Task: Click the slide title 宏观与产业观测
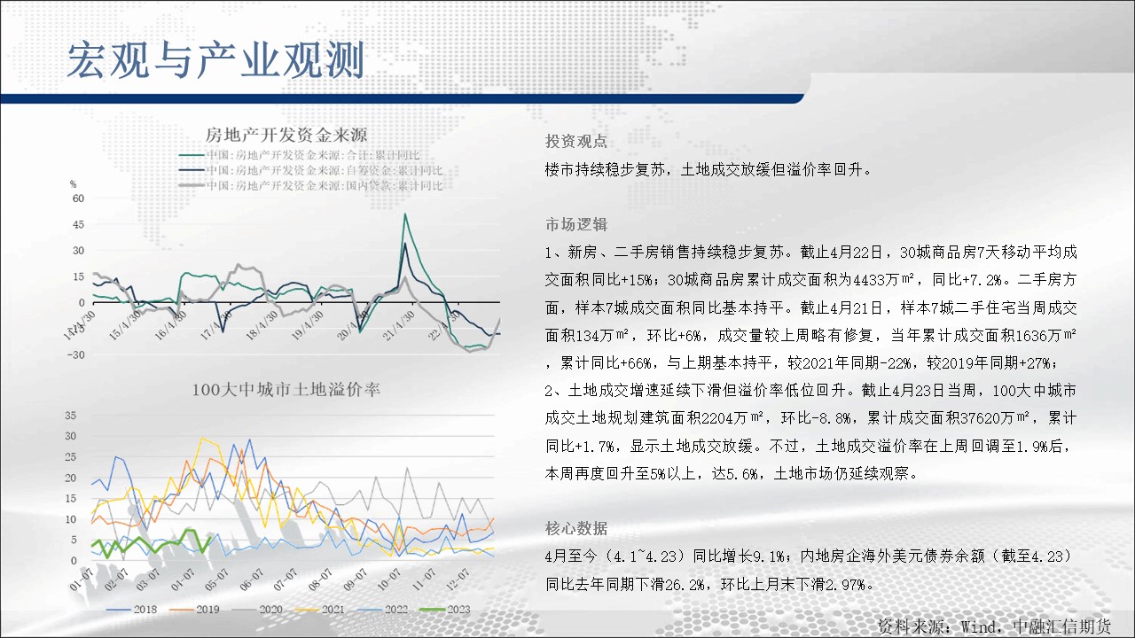[215, 60]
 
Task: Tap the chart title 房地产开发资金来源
[286, 136]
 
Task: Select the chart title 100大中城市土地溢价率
[286, 389]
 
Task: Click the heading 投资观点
[576, 141]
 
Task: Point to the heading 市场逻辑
[576, 224]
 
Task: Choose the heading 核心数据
[576, 529]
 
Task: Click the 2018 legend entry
[132, 610]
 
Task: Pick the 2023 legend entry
[445, 610]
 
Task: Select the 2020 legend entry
[257, 610]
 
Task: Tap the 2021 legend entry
[320, 610]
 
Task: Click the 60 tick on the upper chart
[78, 198]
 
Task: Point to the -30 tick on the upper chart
[75, 355]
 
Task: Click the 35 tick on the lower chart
[70, 416]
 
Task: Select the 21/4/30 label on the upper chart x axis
[399, 325]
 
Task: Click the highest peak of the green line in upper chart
[405, 214]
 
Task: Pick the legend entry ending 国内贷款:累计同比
[310, 186]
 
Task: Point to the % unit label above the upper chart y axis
[73, 184]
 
